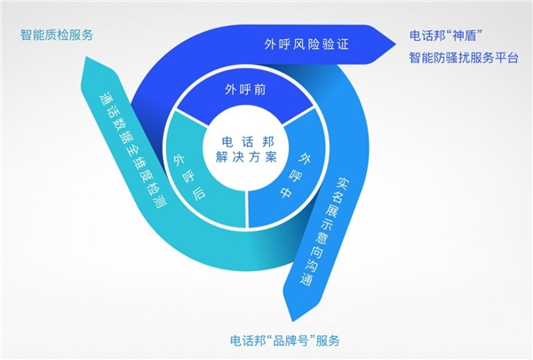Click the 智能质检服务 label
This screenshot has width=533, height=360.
57,35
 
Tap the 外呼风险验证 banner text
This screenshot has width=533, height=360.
306,44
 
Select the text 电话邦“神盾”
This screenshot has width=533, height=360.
446,36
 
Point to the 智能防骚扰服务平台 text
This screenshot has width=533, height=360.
464,58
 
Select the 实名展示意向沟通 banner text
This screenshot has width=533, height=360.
324,231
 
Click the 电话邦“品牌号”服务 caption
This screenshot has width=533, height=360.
285,340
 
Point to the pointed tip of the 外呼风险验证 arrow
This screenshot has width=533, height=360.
396,44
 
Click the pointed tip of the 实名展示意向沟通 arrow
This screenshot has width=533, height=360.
293,321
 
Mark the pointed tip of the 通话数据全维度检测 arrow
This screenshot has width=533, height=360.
86,57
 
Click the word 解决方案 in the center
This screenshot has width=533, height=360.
246,157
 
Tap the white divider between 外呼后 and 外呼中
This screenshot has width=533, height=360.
247,210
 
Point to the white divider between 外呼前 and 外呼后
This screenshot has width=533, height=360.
192,118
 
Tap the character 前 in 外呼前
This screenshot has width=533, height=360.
260,90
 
